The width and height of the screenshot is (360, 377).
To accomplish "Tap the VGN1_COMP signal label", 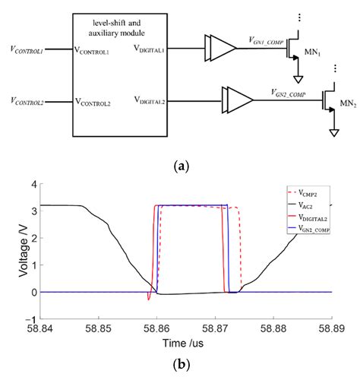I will click(266, 40).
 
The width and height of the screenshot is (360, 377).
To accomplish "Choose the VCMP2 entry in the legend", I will click(309, 196).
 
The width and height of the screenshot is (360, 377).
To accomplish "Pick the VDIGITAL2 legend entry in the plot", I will click(311, 217).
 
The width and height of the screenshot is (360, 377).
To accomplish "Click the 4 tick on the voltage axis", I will click(31, 184).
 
